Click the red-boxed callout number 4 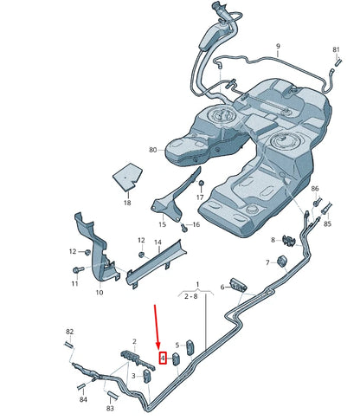click(x=162, y=358)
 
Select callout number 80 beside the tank click(x=152, y=150)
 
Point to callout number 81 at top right click(x=336, y=50)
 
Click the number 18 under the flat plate click(x=126, y=203)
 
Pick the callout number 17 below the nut click(x=201, y=197)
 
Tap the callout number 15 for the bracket click(x=161, y=224)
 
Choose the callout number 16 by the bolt click(x=196, y=225)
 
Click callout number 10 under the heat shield click(x=99, y=293)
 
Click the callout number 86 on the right click(x=315, y=189)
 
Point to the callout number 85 click(x=327, y=224)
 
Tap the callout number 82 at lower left click(x=70, y=333)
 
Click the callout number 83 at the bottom click(x=111, y=407)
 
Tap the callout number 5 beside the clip click(x=177, y=344)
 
